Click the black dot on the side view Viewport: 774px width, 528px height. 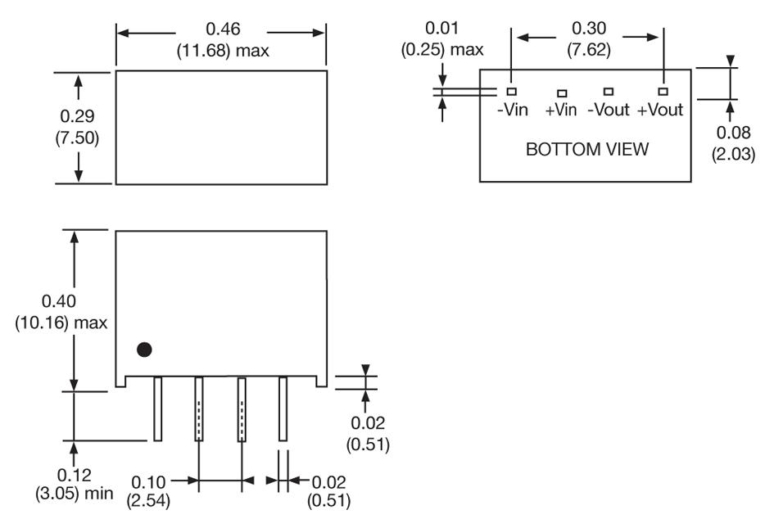144,350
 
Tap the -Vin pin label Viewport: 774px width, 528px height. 514,110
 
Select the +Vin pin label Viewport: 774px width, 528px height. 561,110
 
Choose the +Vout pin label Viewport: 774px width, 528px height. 660,110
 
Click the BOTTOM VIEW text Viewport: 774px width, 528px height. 587,150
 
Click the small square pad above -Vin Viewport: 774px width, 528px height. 511,92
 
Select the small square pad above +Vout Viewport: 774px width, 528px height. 663,92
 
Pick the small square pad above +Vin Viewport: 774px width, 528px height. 562,94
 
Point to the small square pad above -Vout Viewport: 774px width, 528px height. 609,92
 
